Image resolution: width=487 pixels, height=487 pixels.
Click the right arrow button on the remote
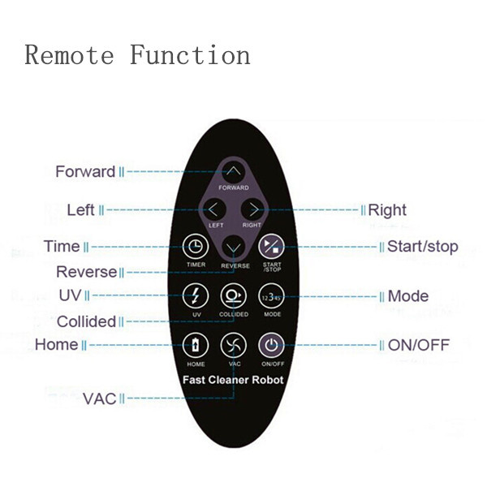pos(252,209)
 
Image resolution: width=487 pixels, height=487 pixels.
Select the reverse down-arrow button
pos(234,248)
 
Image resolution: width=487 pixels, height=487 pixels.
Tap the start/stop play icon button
pos(271,246)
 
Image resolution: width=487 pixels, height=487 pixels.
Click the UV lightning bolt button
pos(196,295)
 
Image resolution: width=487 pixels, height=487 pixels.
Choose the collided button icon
pos(234,295)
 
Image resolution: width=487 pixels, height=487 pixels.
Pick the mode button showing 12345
pos(271,296)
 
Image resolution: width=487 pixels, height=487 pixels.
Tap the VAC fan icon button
pos(234,345)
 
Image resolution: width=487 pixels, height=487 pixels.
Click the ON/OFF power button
pos(271,345)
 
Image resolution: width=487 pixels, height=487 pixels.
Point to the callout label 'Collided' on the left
pos(86,321)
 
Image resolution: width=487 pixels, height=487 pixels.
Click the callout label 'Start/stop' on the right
pos(422,247)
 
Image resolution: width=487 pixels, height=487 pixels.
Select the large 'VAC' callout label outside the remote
pos(99,399)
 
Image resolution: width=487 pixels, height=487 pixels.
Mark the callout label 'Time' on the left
pos(62,246)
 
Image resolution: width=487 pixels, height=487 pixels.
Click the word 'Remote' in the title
pos(69,55)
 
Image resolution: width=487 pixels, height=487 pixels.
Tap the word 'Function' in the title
pos(190,54)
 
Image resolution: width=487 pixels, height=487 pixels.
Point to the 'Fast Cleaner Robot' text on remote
pos(233,380)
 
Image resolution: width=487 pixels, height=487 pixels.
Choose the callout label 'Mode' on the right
pos(408,296)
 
